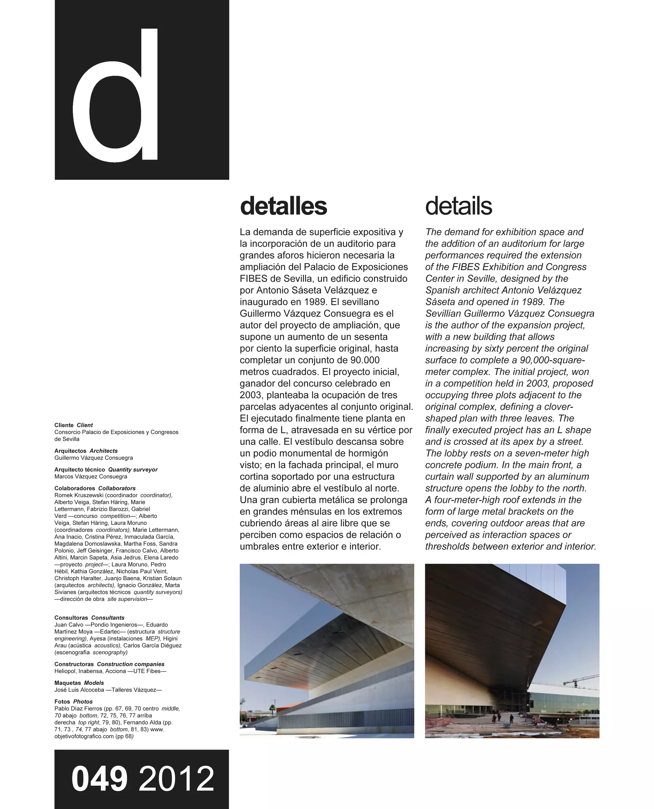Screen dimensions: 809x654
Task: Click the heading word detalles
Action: coord(283,206)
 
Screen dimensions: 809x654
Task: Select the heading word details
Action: coord(458,206)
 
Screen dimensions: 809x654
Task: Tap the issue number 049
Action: coord(99,779)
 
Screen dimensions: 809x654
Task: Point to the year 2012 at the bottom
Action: coord(176,779)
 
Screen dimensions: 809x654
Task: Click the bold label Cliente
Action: coord(64,425)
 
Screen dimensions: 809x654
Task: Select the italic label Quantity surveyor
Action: coord(133,470)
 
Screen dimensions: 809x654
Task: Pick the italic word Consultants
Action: coord(108,618)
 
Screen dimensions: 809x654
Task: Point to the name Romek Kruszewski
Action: coord(79,495)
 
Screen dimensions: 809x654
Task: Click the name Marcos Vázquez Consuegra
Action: coord(91,477)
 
